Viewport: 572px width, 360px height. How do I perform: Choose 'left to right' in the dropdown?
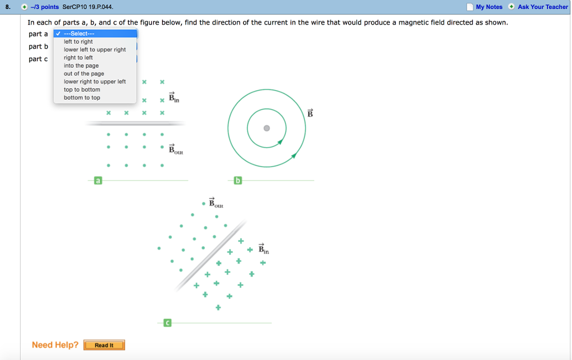pyautogui.click(x=78, y=41)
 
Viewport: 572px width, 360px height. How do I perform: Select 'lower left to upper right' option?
pyautogui.click(x=95, y=50)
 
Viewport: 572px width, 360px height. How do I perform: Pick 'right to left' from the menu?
pyautogui.click(x=78, y=58)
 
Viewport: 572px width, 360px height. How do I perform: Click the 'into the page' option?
pyautogui.click(x=81, y=66)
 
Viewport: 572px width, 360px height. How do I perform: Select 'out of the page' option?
pyautogui.click(x=84, y=74)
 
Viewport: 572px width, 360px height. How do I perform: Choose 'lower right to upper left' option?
pyautogui.click(x=95, y=82)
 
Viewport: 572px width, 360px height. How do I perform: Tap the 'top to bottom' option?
pyautogui.click(x=82, y=90)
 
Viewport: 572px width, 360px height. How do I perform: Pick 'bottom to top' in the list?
pyautogui.click(x=82, y=98)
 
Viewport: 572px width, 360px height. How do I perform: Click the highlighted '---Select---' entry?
pyautogui.click(x=95, y=34)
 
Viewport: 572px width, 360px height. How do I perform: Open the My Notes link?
pyautogui.click(x=489, y=7)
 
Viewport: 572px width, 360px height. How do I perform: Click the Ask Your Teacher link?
pyautogui.click(x=543, y=7)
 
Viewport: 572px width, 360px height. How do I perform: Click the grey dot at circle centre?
pyautogui.click(x=266, y=128)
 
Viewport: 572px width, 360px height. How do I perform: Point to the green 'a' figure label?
pyautogui.click(x=98, y=181)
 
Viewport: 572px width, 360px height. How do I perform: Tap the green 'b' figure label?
pyautogui.click(x=237, y=181)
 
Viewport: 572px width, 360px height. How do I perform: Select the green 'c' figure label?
pyautogui.click(x=167, y=323)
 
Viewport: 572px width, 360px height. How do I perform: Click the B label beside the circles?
pyautogui.click(x=310, y=113)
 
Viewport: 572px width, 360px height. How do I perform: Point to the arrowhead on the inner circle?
pyautogui.click(x=280, y=141)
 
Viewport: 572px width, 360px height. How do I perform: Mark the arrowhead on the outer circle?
pyautogui.click(x=294, y=156)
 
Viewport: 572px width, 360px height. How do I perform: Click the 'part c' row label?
pyautogui.click(x=39, y=59)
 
